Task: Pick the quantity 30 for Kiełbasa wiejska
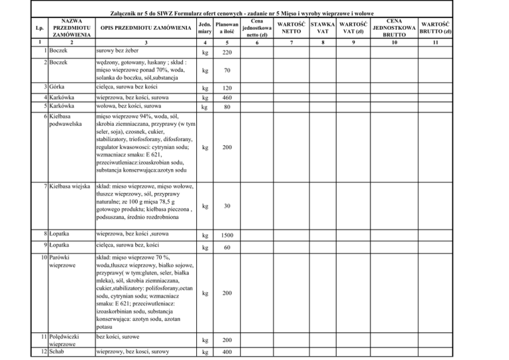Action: coord(227,206)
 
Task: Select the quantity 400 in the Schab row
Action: coord(227,351)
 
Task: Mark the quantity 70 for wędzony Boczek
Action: coord(227,70)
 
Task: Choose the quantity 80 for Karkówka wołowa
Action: coord(227,107)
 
